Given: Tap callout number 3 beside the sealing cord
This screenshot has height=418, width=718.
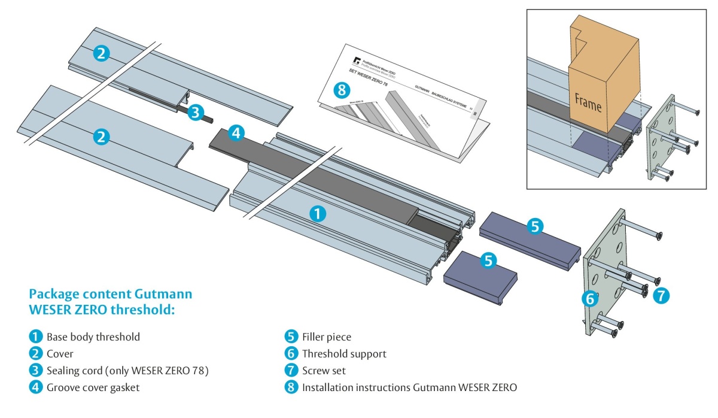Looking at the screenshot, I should point(196,112).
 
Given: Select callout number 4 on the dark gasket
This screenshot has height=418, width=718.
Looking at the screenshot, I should point(236,133).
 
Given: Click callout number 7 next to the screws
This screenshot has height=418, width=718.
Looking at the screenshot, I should point(661,295).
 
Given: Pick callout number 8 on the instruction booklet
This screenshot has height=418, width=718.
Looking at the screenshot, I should point(341,90).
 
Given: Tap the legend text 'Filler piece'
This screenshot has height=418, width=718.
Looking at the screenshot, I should point(327,337).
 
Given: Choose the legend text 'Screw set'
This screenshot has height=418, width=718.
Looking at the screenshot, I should point(324,371).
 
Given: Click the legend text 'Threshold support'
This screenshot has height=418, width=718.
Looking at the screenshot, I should point(344,354).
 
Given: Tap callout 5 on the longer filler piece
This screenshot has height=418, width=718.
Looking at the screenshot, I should point(535,226).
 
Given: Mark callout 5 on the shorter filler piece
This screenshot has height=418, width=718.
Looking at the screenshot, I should point(489,261).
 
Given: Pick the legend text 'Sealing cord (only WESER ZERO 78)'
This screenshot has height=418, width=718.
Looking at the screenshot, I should point(127,371).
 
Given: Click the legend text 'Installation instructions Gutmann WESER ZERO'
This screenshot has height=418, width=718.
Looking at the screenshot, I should point(409,387).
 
